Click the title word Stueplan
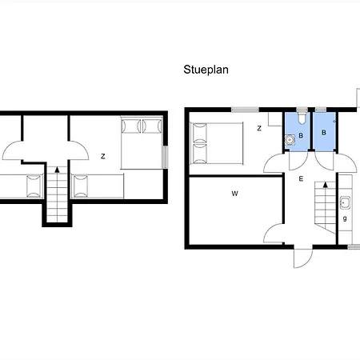(x=206, y=70)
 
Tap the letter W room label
(x=234, y=194)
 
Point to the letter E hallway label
(x=301, y=178)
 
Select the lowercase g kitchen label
(x=345, y=218)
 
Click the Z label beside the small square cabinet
(x=259, y=128)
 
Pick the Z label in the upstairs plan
(x=103, y=156)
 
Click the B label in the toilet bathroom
(x=301, y=136)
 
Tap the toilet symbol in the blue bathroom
(x=302, y=118)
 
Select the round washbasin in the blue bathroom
(x=290, y=139)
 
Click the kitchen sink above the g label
(x=345, y=202)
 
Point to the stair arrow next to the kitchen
(x=326, y=185)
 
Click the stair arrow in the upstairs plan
(x=57, y=170)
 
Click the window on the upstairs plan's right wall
(x=166, y=158)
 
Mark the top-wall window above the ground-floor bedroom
(x=245, y=110)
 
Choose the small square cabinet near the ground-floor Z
(x=275, y=119)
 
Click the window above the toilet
(x=302, y=110)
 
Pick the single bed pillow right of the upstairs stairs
(x=81, y=186)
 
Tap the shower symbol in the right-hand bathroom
(x=334, y=122)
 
